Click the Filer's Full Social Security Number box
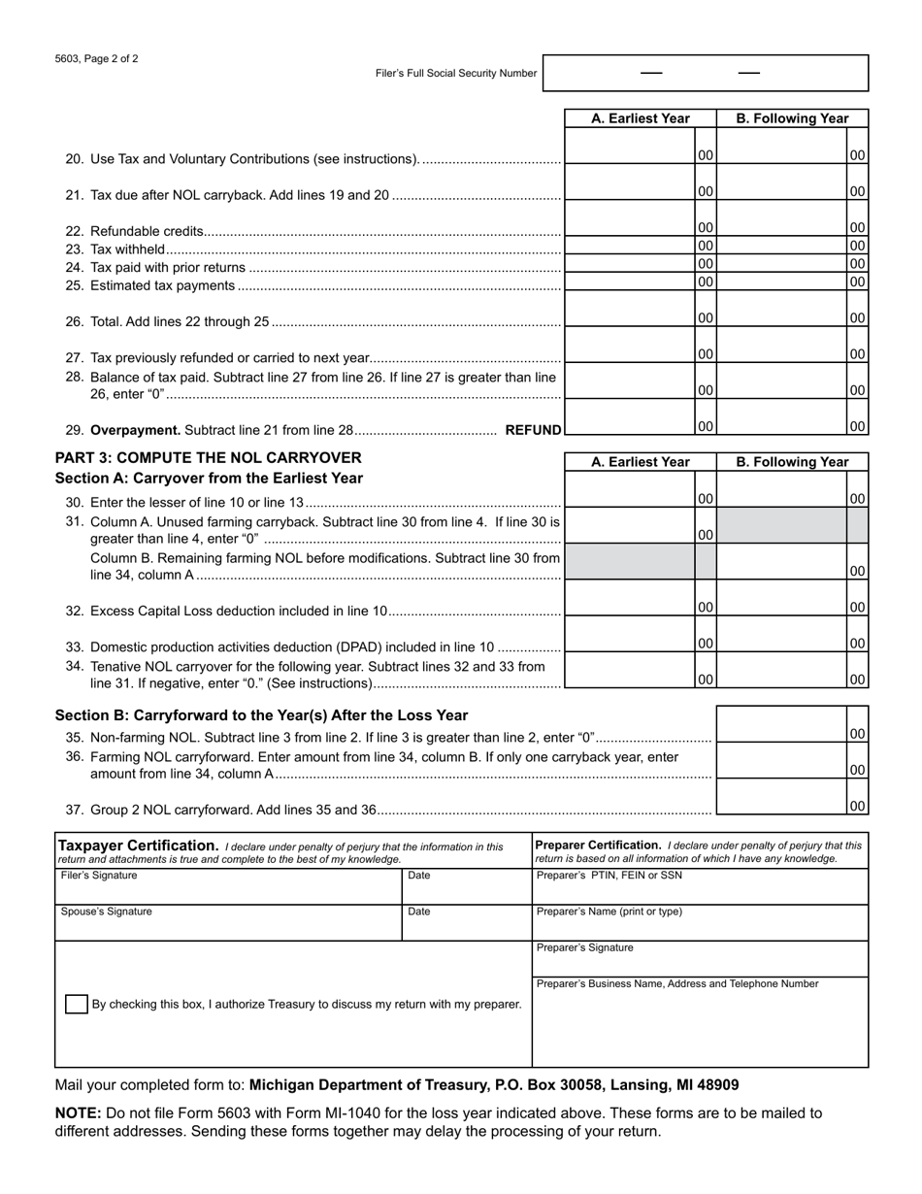tap(705, 73)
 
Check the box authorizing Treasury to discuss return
tap(76, 1004)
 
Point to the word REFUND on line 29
tap(533, 430)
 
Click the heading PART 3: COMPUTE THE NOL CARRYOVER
tap(208, 457)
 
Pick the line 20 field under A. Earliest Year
tap(630, 149)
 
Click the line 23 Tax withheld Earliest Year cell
tap(630, 247)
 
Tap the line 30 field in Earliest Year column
tap(630, 491)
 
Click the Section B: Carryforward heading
tap(261, 715)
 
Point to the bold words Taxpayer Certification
tap(138, 846)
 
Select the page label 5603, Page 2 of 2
tap(96, 58)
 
